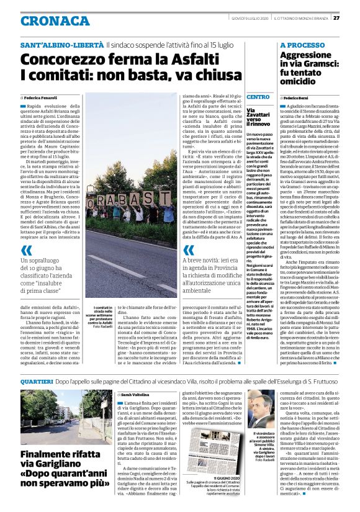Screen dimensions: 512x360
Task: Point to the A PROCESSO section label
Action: [302, 46]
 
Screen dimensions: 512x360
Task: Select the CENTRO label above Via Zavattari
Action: [258, 97]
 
